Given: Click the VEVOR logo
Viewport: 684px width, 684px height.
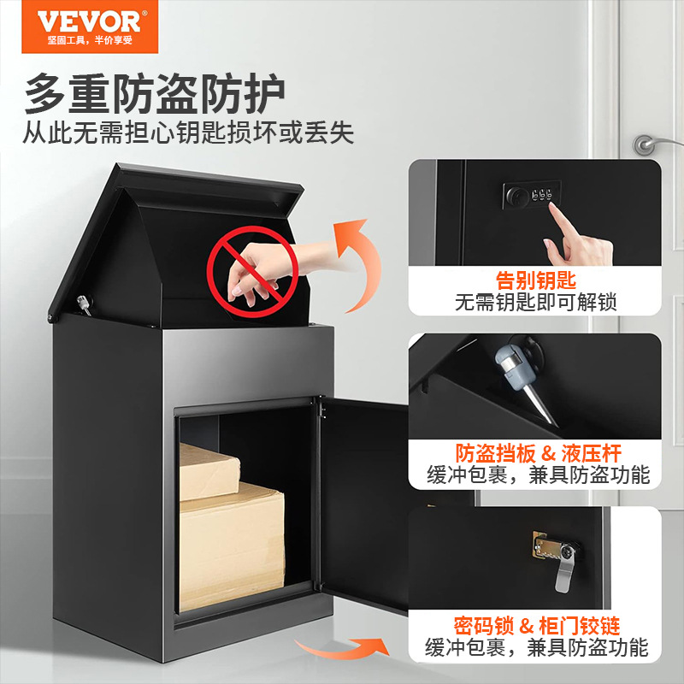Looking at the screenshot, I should tap(85, 21).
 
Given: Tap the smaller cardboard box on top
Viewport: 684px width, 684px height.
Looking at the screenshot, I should tap(209, 470).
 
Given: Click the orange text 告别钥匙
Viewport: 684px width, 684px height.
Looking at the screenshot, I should tap(536, 280).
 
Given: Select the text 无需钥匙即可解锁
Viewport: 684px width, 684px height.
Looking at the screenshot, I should tap(536, 301).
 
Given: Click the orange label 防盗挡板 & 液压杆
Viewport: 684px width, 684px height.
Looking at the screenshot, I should tap(537, 453).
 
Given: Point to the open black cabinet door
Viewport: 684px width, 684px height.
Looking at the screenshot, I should tap(363, 504).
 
